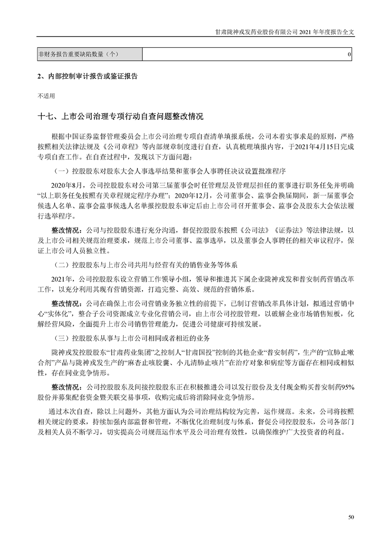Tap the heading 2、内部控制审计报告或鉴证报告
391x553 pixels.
87,77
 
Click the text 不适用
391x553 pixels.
46,96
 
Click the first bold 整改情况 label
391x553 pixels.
68,230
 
